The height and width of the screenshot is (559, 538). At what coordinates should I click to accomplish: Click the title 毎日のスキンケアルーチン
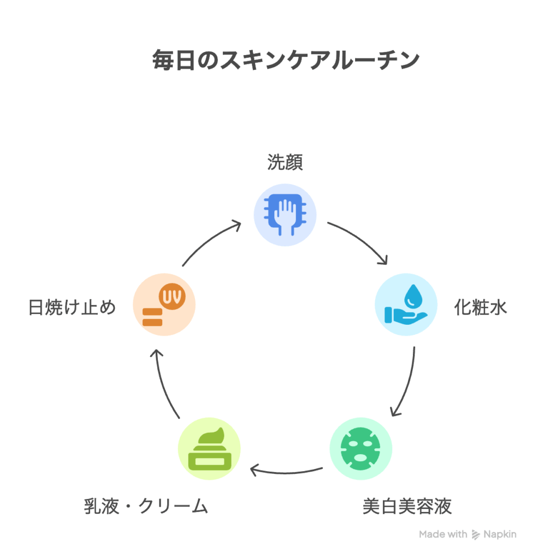[286, 60]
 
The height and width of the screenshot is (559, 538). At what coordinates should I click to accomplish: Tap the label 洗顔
[285, 162]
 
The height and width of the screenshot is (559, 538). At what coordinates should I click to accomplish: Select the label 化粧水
[481, 307]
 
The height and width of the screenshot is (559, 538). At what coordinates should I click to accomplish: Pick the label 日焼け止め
[72, 307]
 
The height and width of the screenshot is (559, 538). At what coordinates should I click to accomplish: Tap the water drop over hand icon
[406, 305]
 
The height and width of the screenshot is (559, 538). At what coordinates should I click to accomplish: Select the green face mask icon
[360, 449]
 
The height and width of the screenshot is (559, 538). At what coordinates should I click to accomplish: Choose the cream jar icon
[209, 449]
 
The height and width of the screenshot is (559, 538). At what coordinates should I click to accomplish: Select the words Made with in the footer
[443, 534]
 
